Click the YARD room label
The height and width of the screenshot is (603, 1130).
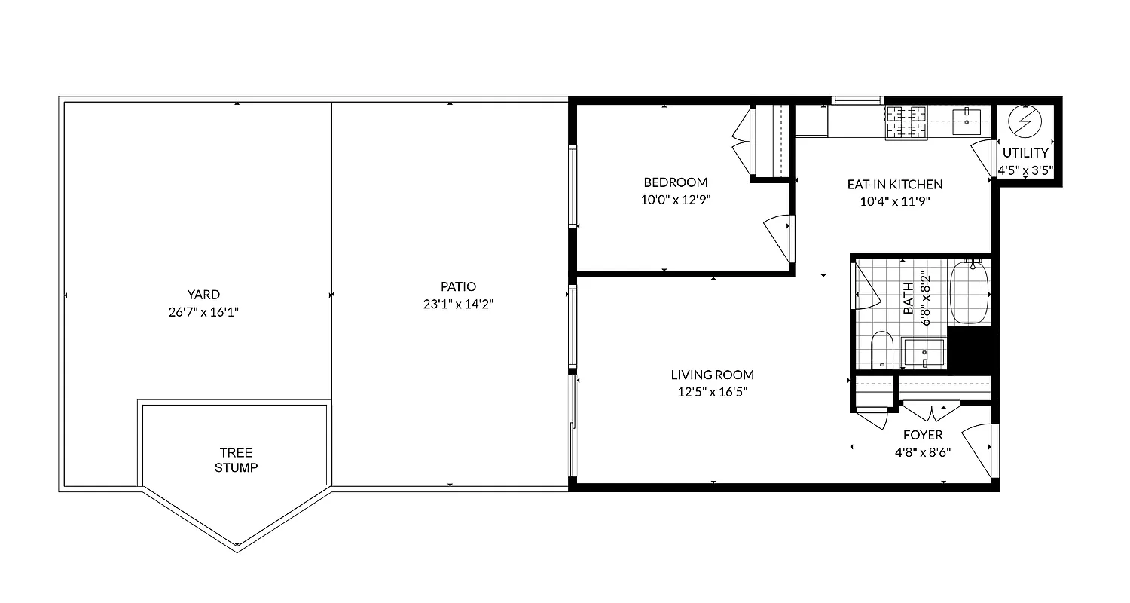click(203, 295)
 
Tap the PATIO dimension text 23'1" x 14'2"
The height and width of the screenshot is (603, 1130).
click(458, 305)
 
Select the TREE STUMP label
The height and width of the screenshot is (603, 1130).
click(236, 460)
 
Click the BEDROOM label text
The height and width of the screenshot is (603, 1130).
click(675, 182)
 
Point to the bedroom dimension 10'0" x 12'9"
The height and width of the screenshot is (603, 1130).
click(675, 200)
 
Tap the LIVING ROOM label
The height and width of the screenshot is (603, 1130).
click(712, 375)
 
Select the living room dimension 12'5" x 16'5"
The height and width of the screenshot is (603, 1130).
click(712, 392)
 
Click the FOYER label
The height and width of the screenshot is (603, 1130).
click(922, 435)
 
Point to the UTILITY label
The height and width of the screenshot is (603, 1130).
click(1025, 153)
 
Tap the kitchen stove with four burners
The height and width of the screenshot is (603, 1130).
click(906, 123)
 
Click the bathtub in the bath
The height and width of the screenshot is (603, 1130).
click(969, 292)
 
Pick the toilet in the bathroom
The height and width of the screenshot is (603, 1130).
click(881, 350)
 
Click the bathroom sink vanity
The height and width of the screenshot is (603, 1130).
click(924, 353)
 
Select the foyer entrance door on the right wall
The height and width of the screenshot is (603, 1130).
click(980, 449)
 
